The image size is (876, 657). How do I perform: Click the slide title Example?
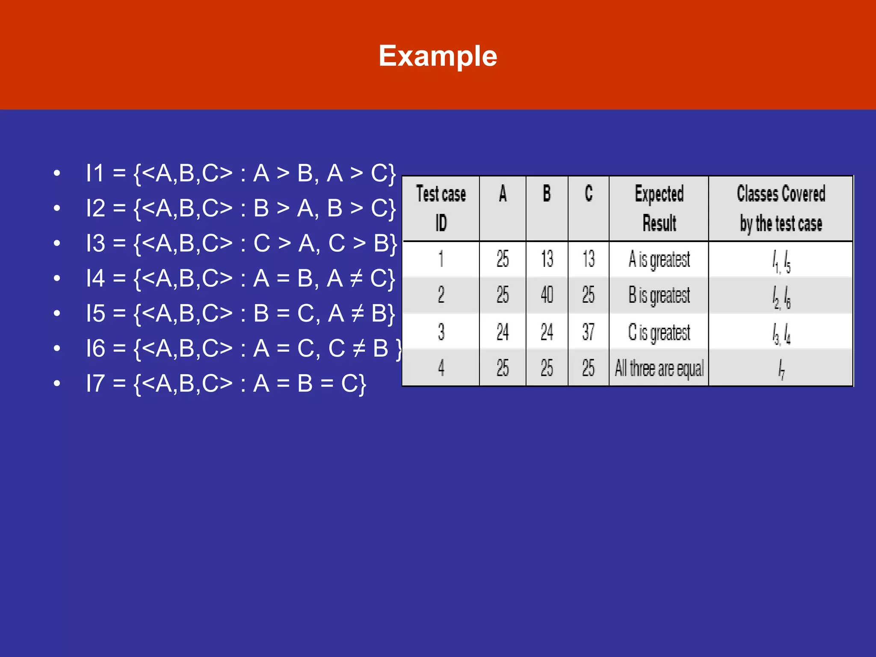click(438, 56)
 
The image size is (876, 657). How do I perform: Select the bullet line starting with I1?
click(240, 174)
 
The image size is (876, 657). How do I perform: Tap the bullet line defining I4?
click(240, 278)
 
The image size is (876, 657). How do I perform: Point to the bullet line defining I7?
click(226, 383)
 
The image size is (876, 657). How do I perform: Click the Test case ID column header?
click(441, 208)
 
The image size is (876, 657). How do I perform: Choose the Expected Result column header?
click(659, 208)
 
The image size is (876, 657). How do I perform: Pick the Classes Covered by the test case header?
click(781, 208)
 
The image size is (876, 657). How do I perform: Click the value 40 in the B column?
click(547, 295)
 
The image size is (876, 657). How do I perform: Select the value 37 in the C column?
click(588, 332)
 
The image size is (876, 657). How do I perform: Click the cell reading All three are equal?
click(659, 368)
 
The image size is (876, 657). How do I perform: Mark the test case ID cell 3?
click(441, 332)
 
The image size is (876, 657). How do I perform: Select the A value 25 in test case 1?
click(503, 259)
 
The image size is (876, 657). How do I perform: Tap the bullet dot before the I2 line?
click(57, 209)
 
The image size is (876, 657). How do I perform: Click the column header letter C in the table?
click(589, 193)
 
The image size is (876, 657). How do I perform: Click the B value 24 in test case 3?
click(547, 332)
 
